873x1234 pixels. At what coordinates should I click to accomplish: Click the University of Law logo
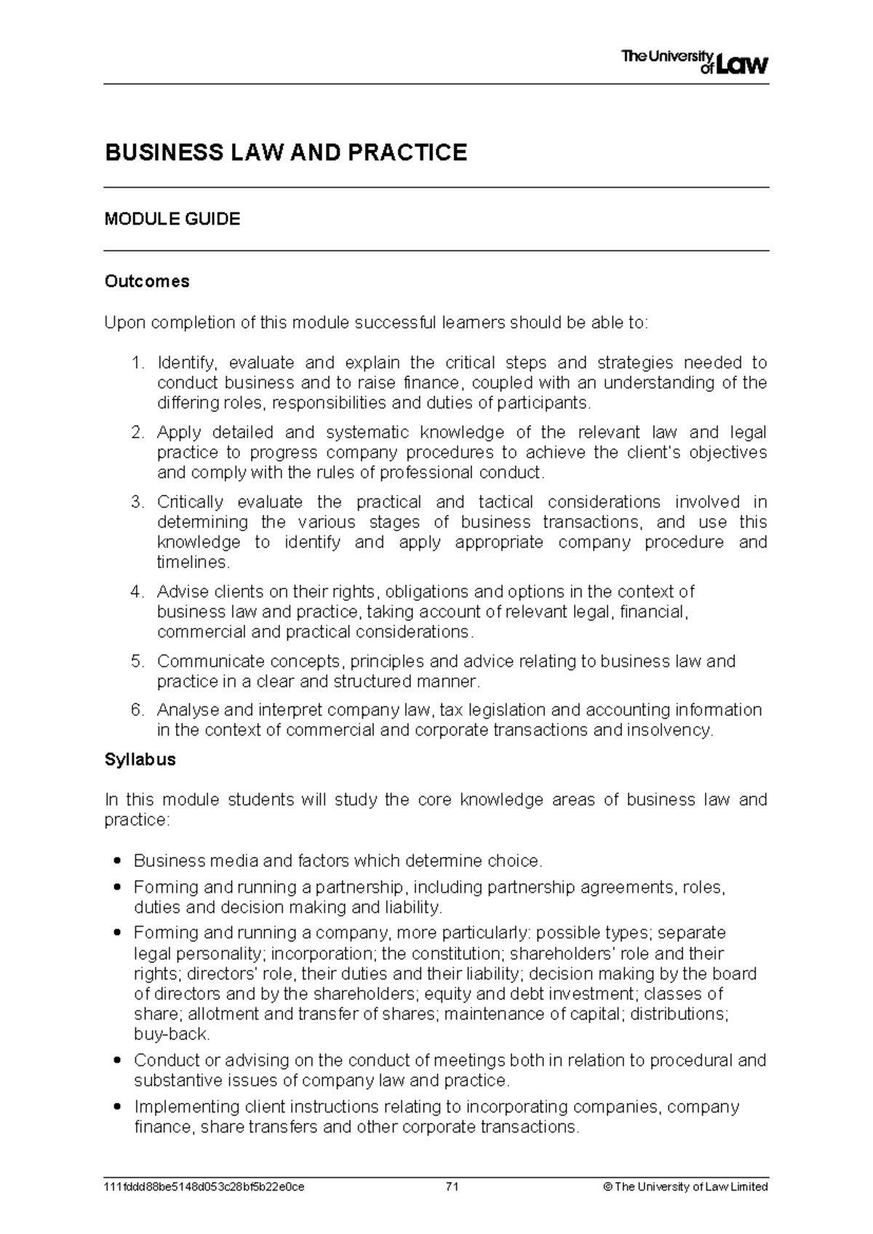pyautogui.click(x=695, y=62)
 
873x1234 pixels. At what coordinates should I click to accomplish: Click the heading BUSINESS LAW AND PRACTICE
pyautogui.click(x=286, y=153)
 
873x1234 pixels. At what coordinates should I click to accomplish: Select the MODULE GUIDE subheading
pyautogui.click(x=172, y=219)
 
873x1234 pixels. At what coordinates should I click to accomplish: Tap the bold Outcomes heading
pyautogui.click(x=147, y=282)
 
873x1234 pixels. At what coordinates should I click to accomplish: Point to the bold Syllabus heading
pyautogui.click(x=140, y=760)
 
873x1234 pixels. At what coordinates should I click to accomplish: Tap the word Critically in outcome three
pyautogui.click(x=190, y=502)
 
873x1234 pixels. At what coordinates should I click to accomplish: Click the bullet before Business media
pyautogui.click(x=117, y=861)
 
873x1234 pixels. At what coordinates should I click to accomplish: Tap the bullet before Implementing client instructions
pyautogui.click(x=117, y=1107)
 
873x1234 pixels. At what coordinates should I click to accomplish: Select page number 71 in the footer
pyautogui.click(x=452, y=1187)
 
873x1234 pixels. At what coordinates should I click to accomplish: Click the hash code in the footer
pyautogui.click(x=204, y=1187)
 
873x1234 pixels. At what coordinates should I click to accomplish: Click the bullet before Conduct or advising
pyautogui.click(x=117, y=1061)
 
